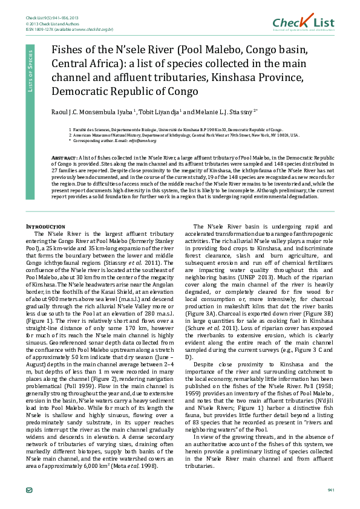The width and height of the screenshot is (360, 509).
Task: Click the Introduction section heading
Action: (x=41, y=226)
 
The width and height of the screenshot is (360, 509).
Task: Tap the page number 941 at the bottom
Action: (x=330, y=489)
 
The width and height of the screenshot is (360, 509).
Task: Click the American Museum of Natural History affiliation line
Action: (x=182, y=135)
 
